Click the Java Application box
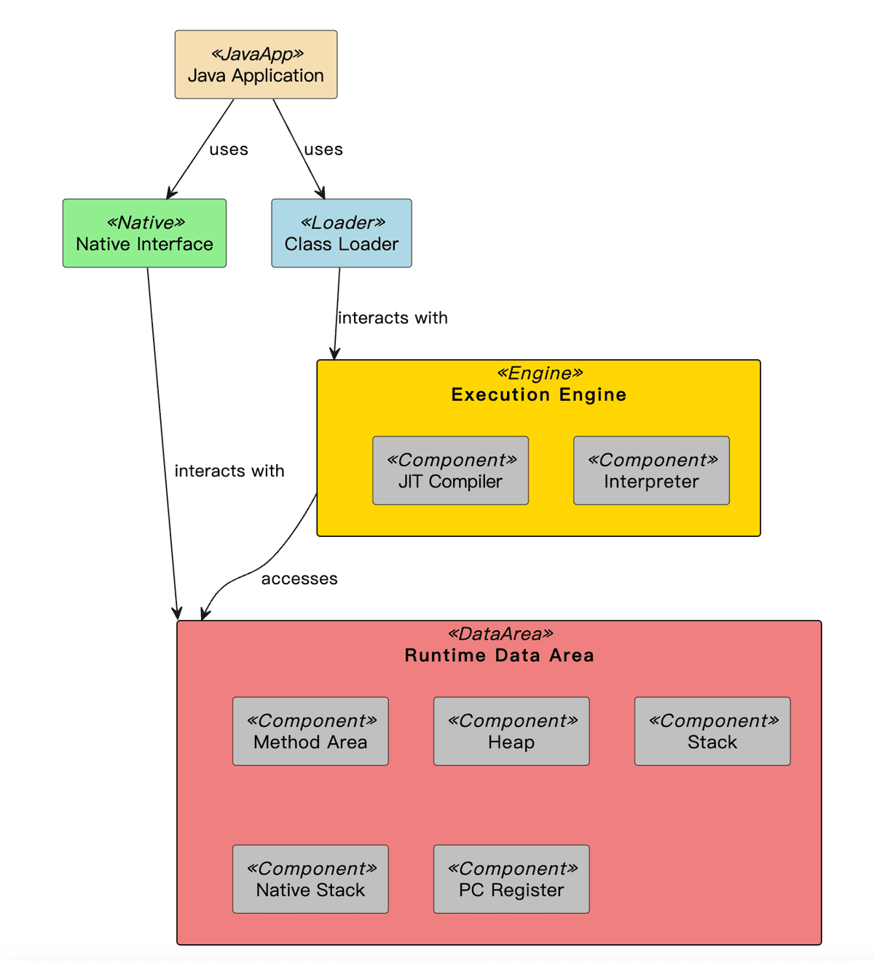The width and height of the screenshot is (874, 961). point(256,65)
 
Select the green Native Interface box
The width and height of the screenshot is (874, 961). point(144,233)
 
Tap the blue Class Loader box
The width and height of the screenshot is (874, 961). point(341,233)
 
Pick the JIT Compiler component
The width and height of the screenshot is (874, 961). point(450,471)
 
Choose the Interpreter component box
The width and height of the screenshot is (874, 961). point(651,471)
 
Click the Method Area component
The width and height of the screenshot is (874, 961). point(310,731)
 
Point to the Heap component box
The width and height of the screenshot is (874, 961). point(511,731)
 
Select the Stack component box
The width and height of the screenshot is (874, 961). point(712,731)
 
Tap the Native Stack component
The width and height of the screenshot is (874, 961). point(310,879)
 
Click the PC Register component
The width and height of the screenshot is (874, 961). point(511,879)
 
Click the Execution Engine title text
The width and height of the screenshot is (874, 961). point(538,395)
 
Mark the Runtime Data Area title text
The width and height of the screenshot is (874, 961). point(499,656)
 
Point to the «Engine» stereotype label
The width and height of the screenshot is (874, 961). point(540,374)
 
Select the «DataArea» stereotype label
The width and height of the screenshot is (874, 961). point(500,634)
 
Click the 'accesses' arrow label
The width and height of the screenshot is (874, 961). point(299,578)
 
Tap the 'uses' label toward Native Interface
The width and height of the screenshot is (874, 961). point(229,149)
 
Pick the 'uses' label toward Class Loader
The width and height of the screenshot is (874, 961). point(323,149)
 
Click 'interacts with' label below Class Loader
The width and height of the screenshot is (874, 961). point(393,318)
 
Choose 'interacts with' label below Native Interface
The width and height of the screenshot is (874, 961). point(229,471)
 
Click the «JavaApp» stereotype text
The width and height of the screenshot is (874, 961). point(256,54)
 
